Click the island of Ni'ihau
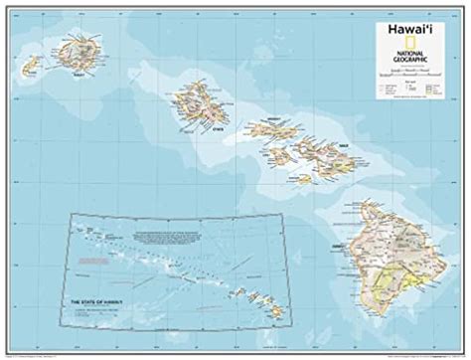[31, 65]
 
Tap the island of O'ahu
[199, 102]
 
